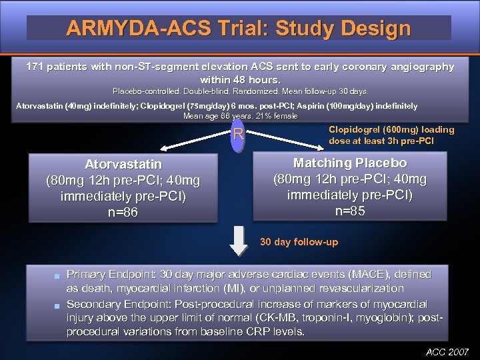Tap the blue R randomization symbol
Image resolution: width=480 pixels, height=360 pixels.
click(x=238, y=136)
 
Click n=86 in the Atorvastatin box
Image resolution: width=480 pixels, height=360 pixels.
click(x=123, y=213)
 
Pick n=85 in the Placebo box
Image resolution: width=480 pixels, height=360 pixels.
click(x=350, y=211)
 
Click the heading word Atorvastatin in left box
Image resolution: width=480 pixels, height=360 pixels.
click(x=123, y=164)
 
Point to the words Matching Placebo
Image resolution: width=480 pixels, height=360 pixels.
click(x=350, y=163)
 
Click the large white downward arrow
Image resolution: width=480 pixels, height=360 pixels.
click(x=239, y=241)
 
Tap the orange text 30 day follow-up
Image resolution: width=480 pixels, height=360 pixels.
click(x=299, y=242)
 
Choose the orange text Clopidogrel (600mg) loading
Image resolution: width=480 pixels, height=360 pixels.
click(x=391, y=129)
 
